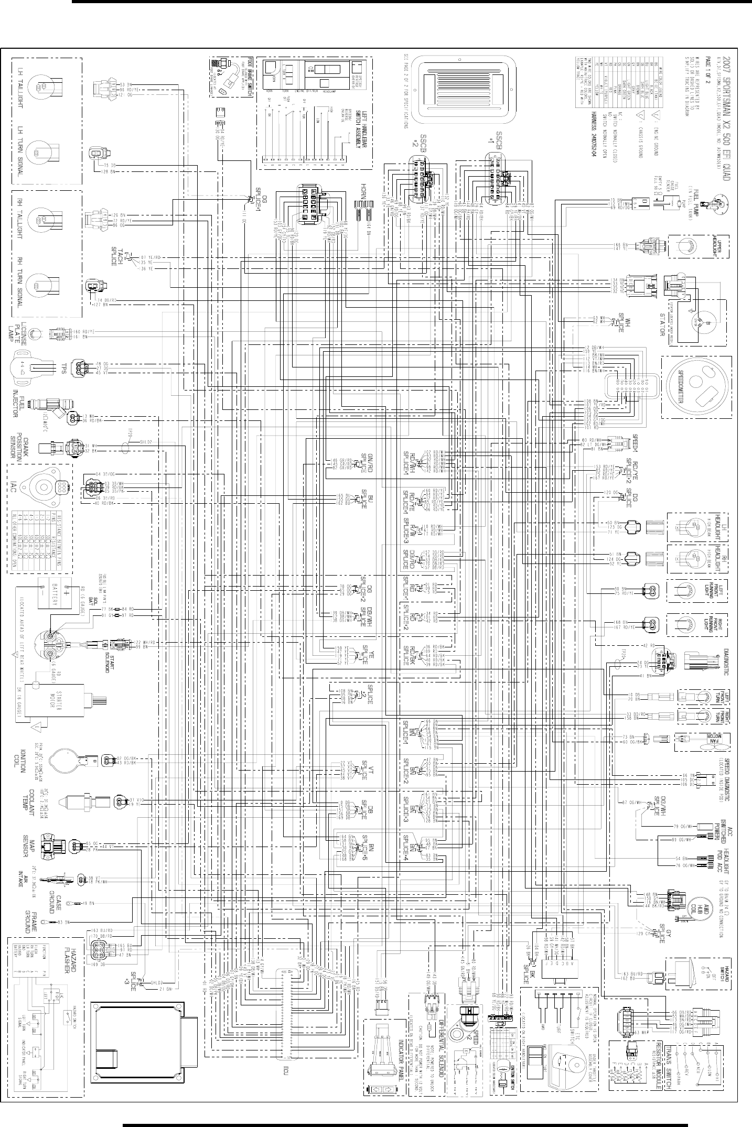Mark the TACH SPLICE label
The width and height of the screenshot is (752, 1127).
(x=116, y=256)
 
